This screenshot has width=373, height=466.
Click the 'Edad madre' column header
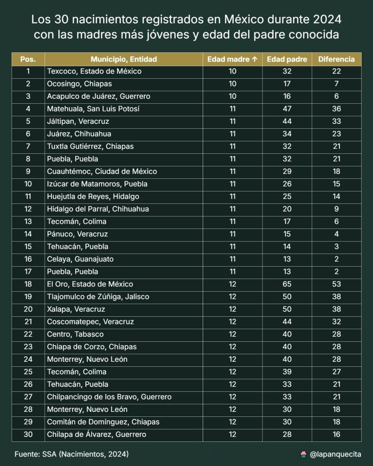click(232, 59)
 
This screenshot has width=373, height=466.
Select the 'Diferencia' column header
click(336, 59)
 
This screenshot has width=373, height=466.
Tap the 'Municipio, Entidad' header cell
click(123, 59)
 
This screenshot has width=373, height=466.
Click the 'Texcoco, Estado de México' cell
click(94, 71)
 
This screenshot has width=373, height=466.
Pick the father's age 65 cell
click(286, 284)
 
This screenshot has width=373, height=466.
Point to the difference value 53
click(337, 284)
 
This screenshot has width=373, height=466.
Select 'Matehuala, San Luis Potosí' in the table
click(93, 109)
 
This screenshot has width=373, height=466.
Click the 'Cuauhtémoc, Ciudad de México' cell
click(102, 172)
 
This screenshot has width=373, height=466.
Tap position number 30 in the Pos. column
click(28, 435)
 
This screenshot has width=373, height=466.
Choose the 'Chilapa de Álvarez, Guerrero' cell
click(97, 435)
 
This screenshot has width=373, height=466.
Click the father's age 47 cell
click(286, 109)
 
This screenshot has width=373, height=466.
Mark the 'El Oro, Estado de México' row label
click(90, 284)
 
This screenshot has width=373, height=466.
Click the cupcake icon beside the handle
click(303, 454)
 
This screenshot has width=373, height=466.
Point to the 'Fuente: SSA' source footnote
click(71, 454)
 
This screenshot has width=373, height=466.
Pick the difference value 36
click(337, 109)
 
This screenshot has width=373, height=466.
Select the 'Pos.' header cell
click(28, 59)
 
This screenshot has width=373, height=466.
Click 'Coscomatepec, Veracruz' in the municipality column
click(91, 322)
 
